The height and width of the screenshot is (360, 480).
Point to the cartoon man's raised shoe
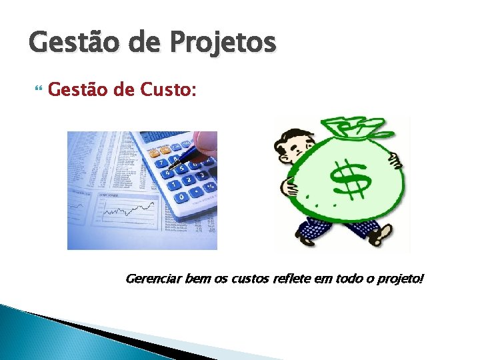(x=383, y=233)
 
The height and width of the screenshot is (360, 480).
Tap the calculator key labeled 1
(x=173, y=185)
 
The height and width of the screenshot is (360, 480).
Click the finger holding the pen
(x=205, y=140)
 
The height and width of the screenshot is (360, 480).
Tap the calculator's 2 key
(x=188, y=181)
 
